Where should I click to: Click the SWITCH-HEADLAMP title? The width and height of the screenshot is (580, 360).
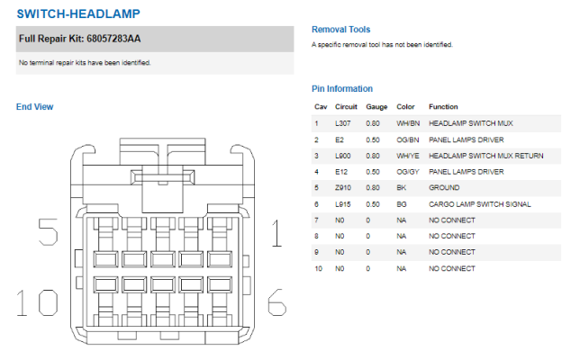tap(78, 14)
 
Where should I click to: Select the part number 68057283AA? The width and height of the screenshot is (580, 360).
tap(113, 39)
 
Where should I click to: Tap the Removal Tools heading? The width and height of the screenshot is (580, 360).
tap(340, 30)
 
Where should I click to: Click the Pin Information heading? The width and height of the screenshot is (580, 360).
tap(342, 89)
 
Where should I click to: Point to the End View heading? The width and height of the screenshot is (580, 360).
tap(35, 107)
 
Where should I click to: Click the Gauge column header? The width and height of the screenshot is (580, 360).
tap(376, 107)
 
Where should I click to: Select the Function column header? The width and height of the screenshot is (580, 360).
tap(443, 107)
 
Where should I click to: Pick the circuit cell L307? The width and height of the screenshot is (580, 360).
tap(342, 123)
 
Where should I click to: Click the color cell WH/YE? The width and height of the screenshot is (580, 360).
tap(408, 156)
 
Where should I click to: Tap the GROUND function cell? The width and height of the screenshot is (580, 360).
tap(444, 188)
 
